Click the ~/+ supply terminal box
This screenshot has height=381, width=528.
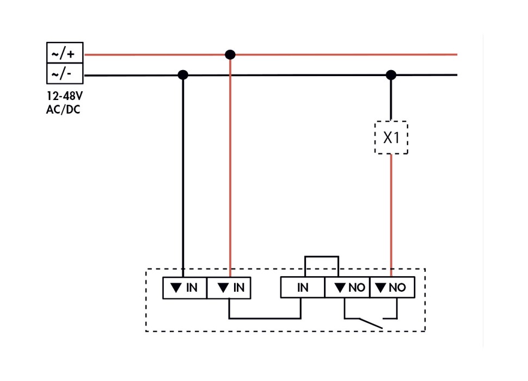point(64,53)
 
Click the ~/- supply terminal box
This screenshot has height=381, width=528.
point(64,73)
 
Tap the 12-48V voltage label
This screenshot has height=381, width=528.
point(64,97)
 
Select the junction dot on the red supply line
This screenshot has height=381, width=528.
point(230,54)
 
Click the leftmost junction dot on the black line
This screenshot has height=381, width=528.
point(183,74)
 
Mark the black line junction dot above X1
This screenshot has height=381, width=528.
point(391,74)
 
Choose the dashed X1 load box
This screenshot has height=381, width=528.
point(391,138)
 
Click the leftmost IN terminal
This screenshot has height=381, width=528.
point(185,288)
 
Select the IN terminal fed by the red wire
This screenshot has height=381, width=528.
point(229,288)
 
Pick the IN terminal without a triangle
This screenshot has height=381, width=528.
point(303,288)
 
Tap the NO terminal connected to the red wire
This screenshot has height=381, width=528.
point(392,288)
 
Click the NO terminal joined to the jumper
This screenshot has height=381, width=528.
point(347,288)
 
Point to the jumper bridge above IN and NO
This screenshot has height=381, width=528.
point(322,257)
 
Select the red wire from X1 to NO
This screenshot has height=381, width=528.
point(391,212)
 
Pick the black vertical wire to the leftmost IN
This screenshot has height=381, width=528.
point(183,174)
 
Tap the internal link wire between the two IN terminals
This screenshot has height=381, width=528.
point(265,318)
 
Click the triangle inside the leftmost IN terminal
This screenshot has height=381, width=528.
point(175,288)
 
